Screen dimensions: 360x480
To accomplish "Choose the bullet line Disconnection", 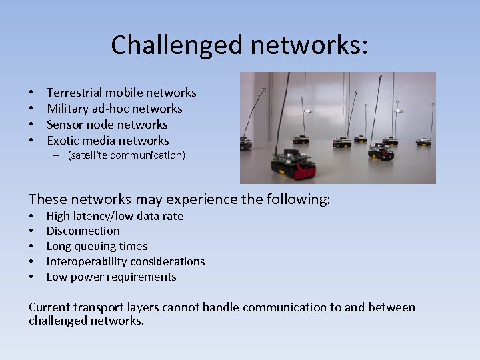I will coord(83,231).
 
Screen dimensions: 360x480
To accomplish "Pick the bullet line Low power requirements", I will coord(111,277).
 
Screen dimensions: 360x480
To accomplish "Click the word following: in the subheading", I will coord(298,199).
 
